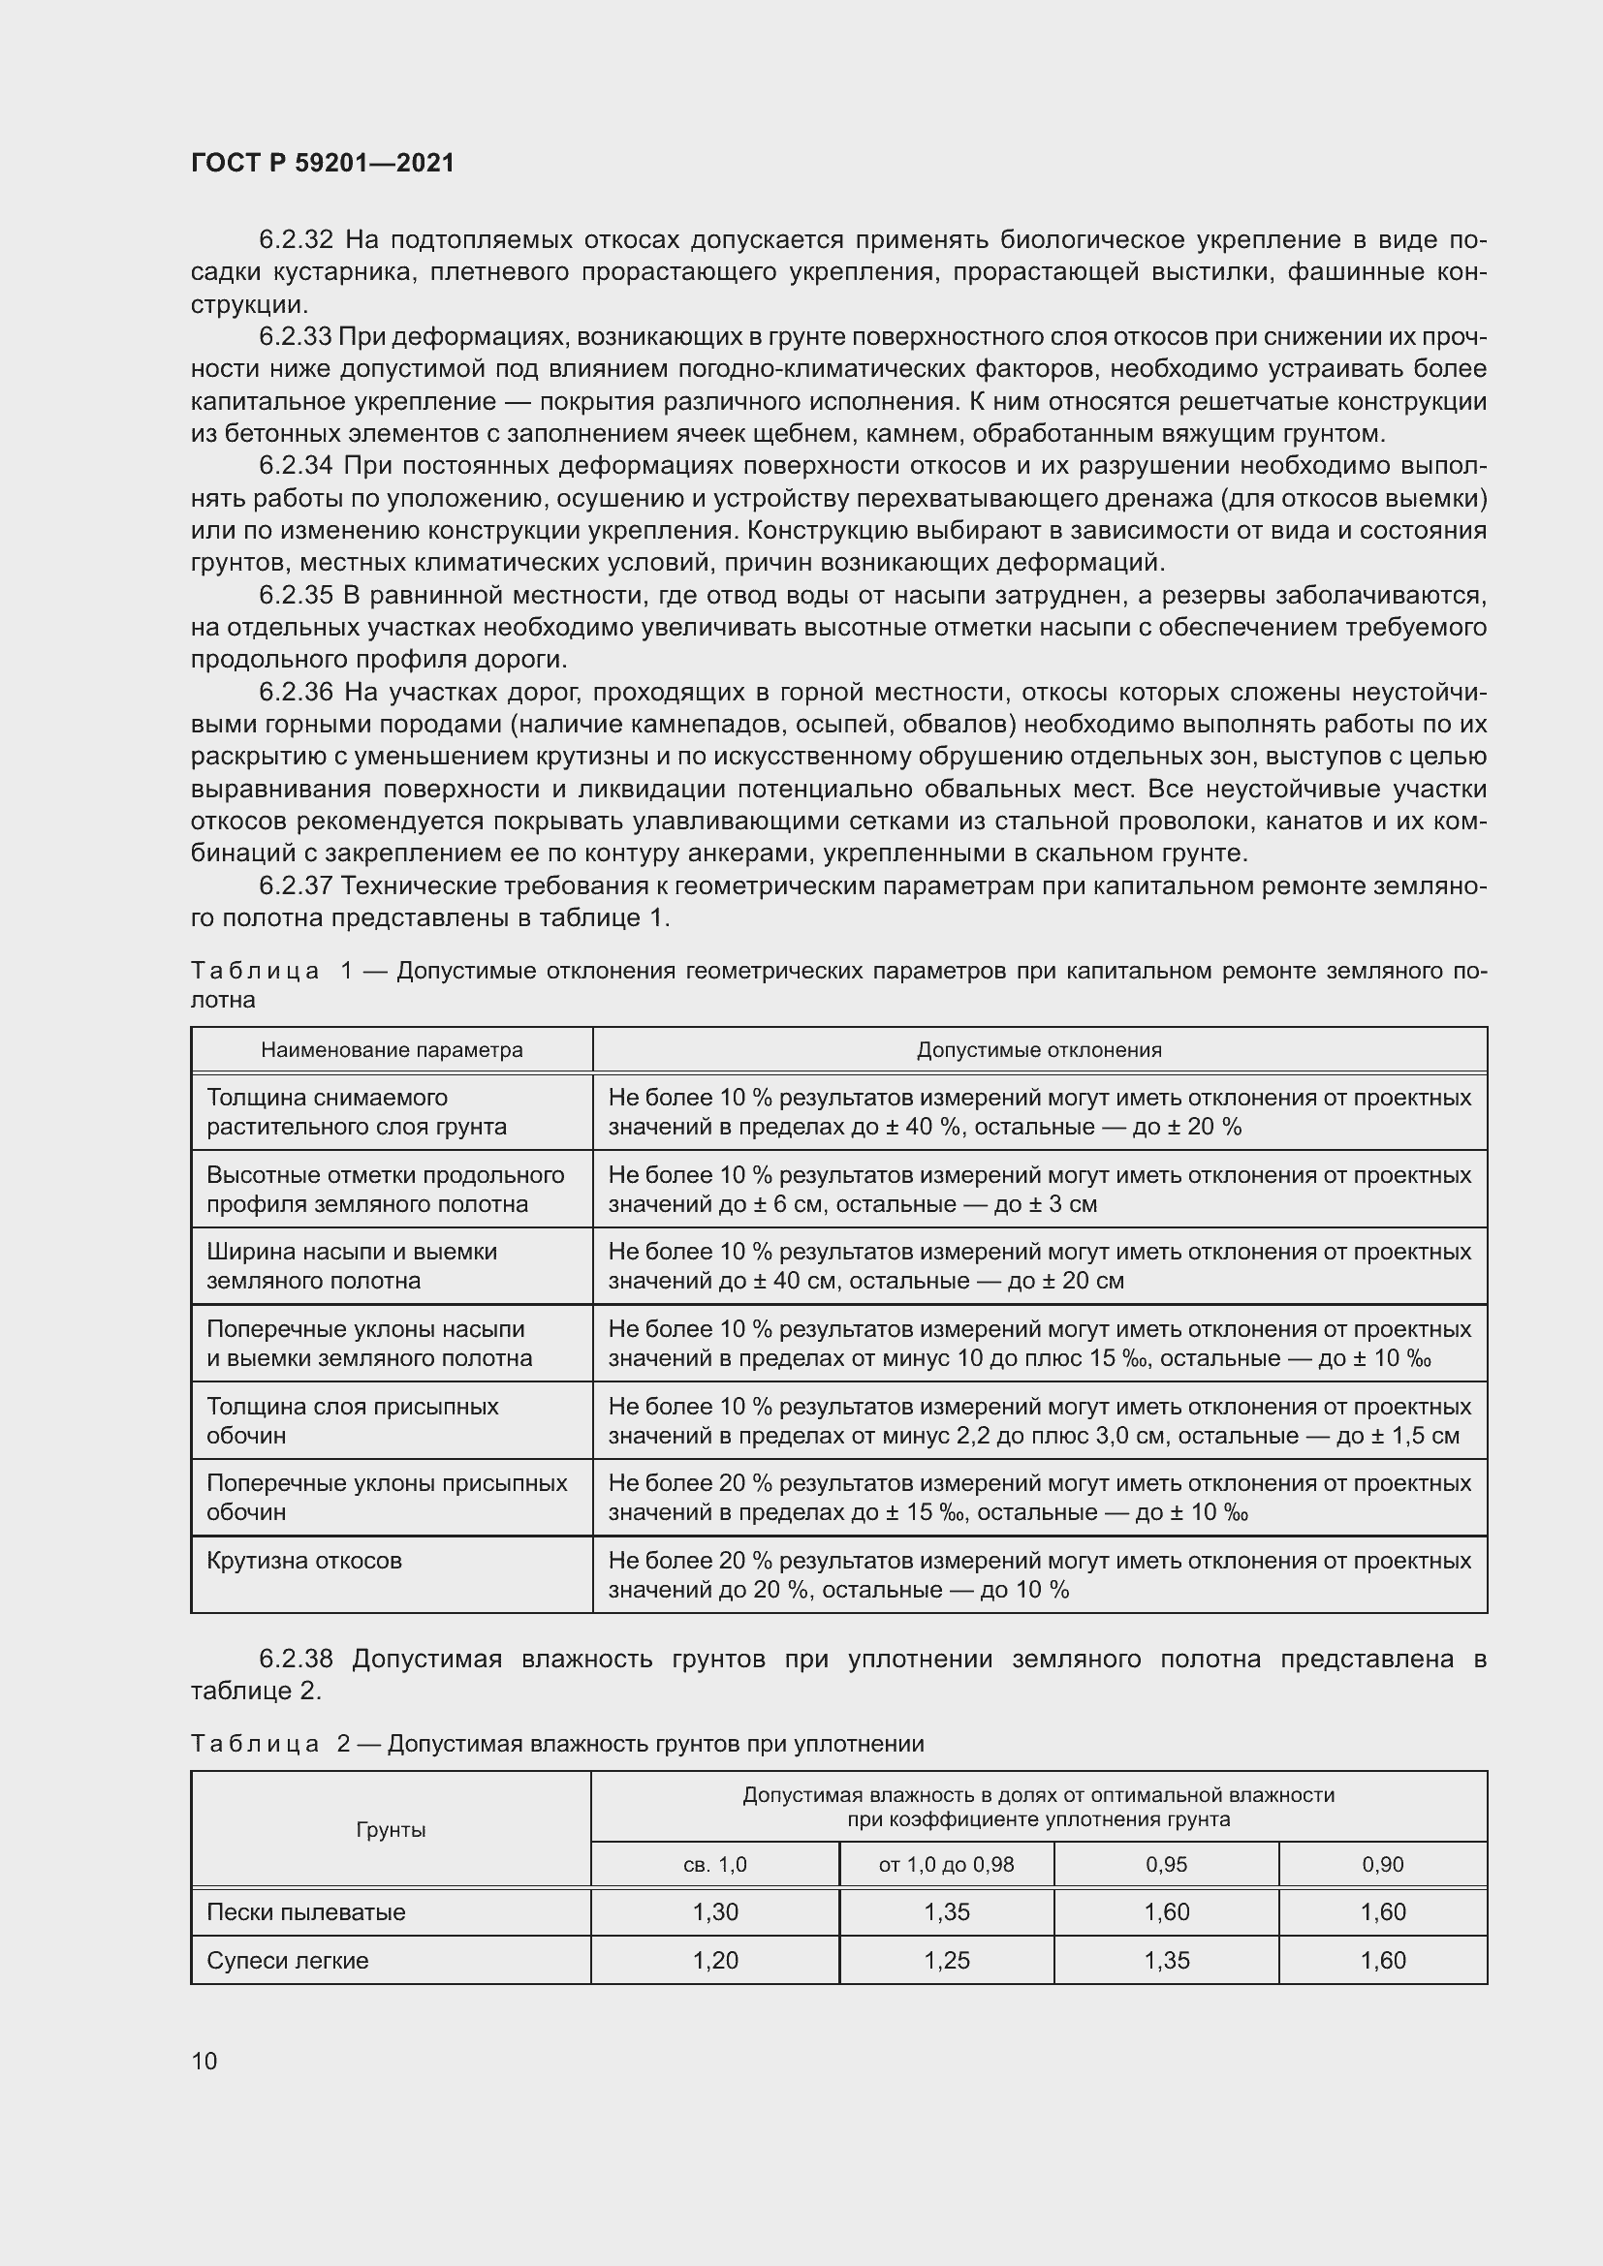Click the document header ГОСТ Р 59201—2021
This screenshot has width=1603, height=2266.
(323, 163)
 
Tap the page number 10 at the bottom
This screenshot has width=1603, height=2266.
(204, 2061)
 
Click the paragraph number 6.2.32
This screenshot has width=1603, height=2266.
(297, 240)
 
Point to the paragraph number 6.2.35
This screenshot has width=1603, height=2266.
(297, 595)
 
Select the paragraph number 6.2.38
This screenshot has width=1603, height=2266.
(297, 1659)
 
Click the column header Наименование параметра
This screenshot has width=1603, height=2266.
(392, 1050)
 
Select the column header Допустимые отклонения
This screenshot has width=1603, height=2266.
(1038, 1050)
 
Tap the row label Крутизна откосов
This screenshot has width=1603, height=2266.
(304, 1561)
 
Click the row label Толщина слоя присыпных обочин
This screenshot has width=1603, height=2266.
(353, 1420)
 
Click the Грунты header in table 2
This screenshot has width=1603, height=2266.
(391, 1830)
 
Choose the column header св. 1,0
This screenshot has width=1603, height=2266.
(714, 1864)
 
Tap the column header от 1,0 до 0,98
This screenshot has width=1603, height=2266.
(946, 1864)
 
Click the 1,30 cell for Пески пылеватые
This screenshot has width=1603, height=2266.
(714, 1911)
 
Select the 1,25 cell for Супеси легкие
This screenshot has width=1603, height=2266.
(946, 1960)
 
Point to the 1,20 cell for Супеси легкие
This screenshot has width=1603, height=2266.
(714, 1960)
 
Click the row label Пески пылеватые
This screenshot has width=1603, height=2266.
(306, 1911)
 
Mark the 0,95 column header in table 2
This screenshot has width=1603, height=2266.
(1166, 1864)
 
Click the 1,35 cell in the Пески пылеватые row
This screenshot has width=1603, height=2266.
(946, 1911)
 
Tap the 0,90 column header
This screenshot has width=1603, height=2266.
(1382, 1864)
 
